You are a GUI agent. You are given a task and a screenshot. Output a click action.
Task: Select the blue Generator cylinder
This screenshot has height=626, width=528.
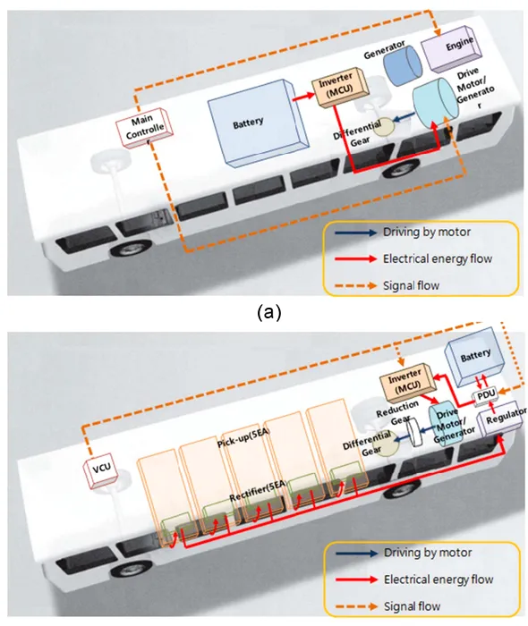tap(403, 65)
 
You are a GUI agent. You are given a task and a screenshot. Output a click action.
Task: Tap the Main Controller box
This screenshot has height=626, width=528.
tap(145, 127)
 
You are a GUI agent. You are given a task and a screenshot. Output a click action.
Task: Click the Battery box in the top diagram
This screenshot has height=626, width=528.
tap(258, 122)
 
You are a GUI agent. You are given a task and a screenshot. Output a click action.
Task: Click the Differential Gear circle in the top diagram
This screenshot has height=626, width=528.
tap(384, 127)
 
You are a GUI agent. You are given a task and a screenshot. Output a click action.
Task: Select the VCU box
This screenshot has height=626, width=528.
tap(103, 470)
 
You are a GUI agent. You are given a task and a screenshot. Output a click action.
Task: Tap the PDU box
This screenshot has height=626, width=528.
tap(486, 395)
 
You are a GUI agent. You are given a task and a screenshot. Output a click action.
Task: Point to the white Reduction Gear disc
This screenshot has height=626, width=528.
tap(413, 431)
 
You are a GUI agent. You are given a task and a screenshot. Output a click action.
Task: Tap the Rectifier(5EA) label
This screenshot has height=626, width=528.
tap(258, 492)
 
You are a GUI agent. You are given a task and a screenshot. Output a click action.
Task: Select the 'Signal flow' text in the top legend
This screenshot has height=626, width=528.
tap(411, 286)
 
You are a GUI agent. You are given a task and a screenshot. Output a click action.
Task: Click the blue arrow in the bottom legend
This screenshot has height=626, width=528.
tap(356, 553)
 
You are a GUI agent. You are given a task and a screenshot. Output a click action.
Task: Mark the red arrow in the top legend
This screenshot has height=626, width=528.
tap(355, 258)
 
